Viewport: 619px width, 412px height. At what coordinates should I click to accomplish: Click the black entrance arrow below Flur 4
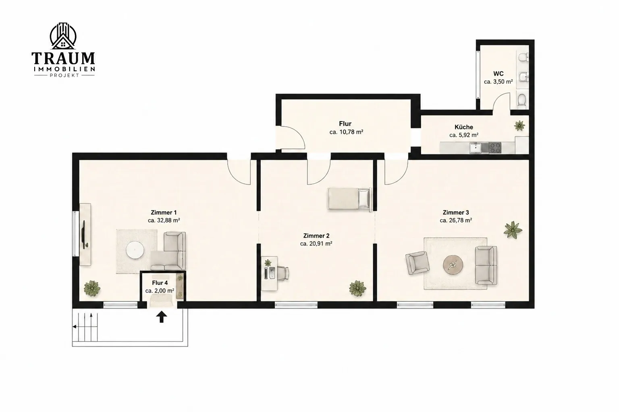pyautogui.click(x=162, y=317)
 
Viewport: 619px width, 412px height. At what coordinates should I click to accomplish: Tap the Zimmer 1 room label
pyautogui.click(x=164, y=212)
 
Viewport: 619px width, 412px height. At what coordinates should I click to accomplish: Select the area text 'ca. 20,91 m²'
pyautogui.click(x=316, y=244)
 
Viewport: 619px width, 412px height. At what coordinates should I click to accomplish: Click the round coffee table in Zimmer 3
pyautogui.click(x=453, y=265)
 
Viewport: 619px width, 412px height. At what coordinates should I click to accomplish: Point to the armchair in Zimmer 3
pyautogui.click(x=418, y=263)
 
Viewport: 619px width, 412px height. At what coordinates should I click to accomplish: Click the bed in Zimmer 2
pyautogui.click(x=349, y=199)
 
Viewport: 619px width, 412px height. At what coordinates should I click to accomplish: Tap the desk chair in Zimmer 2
pyautogui.click(x=283, y=273)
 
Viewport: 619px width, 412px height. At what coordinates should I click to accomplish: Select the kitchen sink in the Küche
pyautogui.click(x=475, y=148)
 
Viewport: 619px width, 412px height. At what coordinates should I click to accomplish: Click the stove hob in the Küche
pyautogui.click(x=495, y=148)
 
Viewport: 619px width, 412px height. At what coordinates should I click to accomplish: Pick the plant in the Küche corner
pyautogui.click(x=519, y=126)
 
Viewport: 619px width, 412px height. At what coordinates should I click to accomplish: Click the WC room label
pyautogui.click(x=499, y=74)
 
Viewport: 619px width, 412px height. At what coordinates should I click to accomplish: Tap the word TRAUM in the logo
pyautogui.click(x=63, y=58)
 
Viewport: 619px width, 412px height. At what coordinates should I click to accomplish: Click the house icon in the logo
pyautogui.click(x=63, y=43)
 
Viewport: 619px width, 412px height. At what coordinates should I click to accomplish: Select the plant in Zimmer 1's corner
pyautogui.click(x=92, y=288)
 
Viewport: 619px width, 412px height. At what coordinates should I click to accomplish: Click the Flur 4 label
pyautogui.click(x=160, y=283)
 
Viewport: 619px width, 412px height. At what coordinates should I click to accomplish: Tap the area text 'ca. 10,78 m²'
pyautogui.click(x=346, y=132)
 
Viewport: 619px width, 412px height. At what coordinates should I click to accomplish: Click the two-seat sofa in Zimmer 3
pyautogui.click(x=486, y=266)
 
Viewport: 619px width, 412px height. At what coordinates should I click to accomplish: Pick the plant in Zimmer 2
pyautogui.click(x=357, y=288)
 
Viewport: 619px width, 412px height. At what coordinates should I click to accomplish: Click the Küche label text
pyautogui.click(x=464, y=127)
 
